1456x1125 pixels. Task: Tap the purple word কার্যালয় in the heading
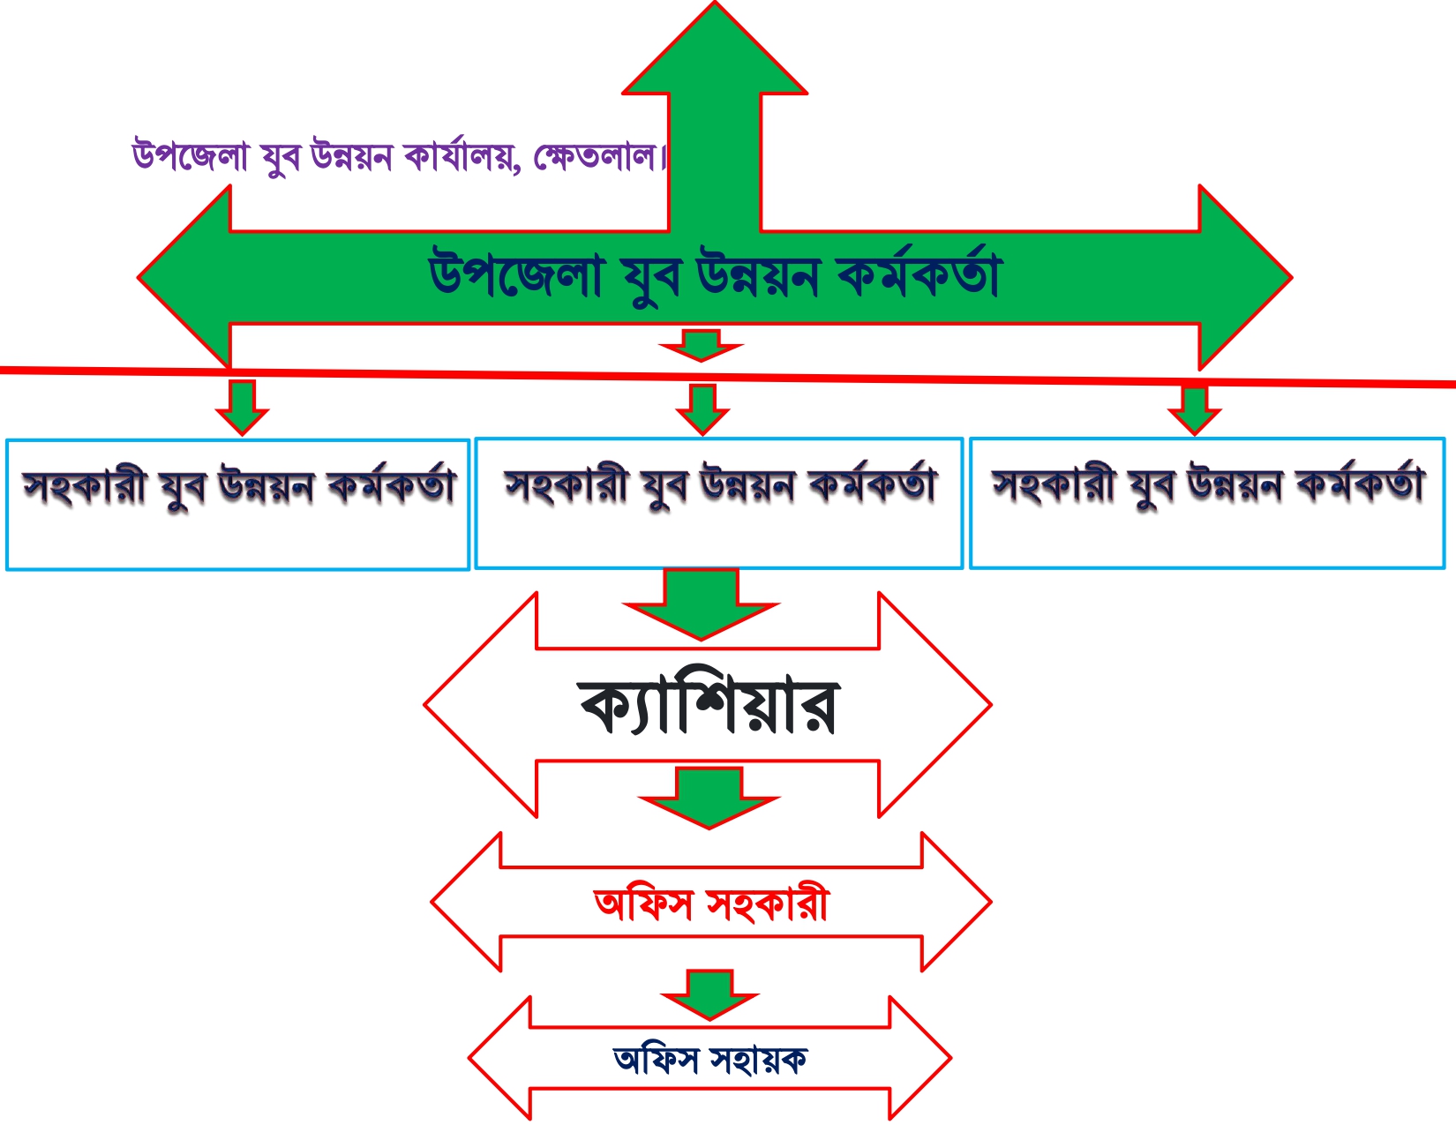(462, 156)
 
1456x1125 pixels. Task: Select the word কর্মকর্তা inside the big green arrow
(919, 274)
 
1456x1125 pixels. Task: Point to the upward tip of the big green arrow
(714, 2)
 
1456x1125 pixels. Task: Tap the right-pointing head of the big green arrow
(1245, 277)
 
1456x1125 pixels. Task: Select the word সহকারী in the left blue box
(85, 485)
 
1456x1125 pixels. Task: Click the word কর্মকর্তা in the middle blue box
(872, 483)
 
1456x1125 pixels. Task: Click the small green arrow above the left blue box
(242, 408)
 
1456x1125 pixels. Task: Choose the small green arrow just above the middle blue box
(702, 409)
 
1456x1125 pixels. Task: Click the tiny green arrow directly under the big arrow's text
(701, 345)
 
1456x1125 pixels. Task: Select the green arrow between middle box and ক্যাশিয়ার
(701, 604)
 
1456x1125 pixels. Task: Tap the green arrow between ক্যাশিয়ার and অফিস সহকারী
(709, 798)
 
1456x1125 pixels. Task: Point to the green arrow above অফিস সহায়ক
(709, 994)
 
